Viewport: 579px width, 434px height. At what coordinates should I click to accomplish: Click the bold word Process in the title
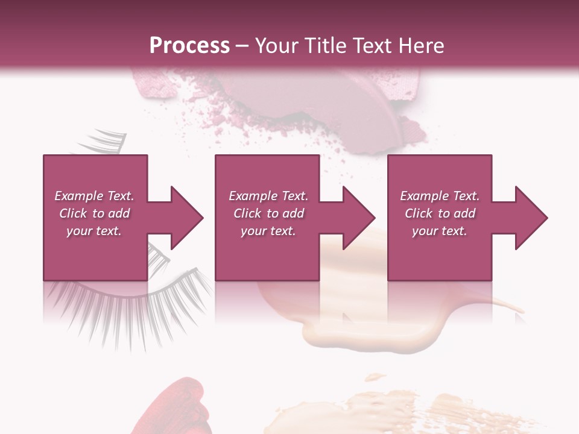[189, 45]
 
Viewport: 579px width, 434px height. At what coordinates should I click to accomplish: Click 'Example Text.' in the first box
[94, 196]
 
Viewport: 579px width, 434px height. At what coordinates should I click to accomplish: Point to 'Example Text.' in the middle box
[268, 196]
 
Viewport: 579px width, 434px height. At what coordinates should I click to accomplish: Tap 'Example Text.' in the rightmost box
[440, 196]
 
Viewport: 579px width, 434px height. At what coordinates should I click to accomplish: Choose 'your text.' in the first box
[94, 231]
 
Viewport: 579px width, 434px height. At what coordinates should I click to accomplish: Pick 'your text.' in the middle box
[268, 231]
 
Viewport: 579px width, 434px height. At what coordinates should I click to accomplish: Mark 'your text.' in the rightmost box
[440, 231]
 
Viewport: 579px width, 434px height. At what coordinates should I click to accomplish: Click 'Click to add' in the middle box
[268, 213]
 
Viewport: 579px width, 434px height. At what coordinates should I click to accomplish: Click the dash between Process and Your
[242, 46]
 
